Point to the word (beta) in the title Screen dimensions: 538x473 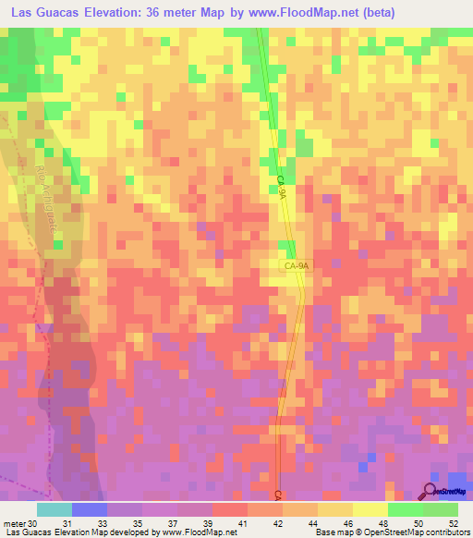point(394,13)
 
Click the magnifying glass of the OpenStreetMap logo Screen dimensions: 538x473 point(430,491)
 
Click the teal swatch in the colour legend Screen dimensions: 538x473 point(55,509)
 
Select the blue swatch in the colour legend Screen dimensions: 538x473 point(90,509)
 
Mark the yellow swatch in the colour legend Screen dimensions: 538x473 point(370,509)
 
